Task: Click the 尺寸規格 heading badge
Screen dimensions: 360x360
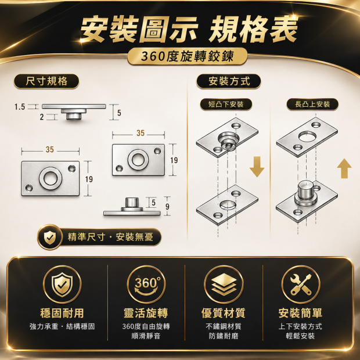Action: pyautogui.click(x=46, y=81)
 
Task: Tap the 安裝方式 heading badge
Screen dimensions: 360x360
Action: pyautogui.click(x=229, y=81)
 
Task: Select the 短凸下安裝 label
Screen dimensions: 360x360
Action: pyautogui.click(x=226, y=105)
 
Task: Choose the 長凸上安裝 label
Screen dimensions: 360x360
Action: pyautogui.click(x=312, y=105)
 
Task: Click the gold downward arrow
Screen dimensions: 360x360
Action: pyautogui.click(x=257, y=167)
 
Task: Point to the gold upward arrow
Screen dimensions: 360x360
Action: pyautogui.click(x=344, y=168)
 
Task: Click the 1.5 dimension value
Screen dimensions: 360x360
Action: pyautogui.click(x=20, y=107)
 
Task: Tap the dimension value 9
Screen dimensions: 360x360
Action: pyautogui.click(x=167, y=207)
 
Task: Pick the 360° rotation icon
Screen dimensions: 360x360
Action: pyautogui.click(x=146, y=285)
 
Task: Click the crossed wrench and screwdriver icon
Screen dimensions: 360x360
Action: pyautogui.click(x=301, y=285)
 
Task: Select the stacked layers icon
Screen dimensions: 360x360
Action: pyautogui.click(x=224, y=285)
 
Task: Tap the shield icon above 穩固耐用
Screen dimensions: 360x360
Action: pyautogui.click(x=62, y=285)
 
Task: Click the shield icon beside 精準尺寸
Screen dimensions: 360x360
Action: pyautogui.click(x=50, y=237)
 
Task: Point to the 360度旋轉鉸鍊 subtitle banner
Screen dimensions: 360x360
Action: pyautogui.click(x=188, y=56)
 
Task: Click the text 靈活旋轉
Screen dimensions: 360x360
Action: pyautogui.click(x=146, y=313)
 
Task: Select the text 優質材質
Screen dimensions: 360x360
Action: pyautogui.click(x=224, y=313)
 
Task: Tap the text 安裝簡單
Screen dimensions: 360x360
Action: pyautogui.click(x=300, y=313)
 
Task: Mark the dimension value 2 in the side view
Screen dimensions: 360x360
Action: pyautogui.click(x=42, y=117)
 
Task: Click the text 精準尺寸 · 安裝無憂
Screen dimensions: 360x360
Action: pyautogui.click(x=110, y=237)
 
